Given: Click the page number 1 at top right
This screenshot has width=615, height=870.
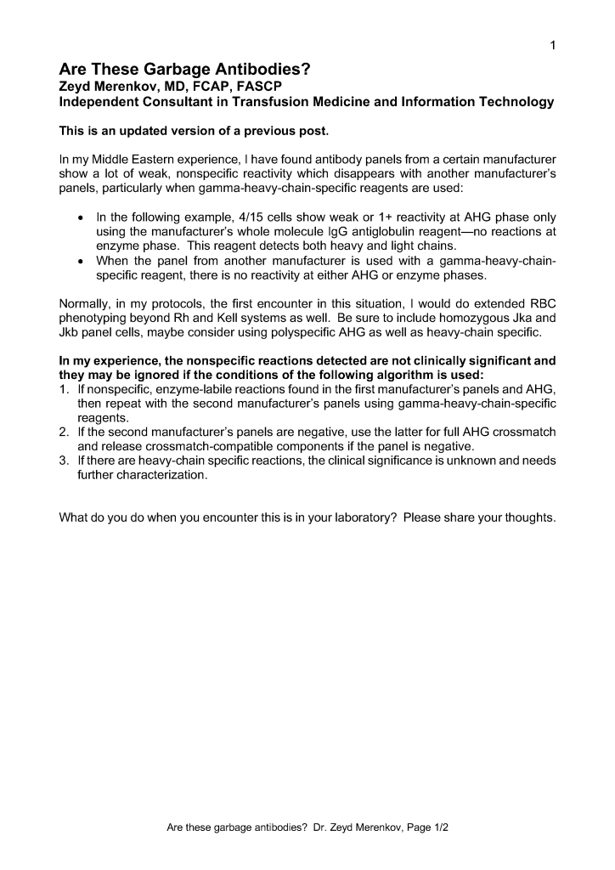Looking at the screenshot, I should [x=553, y=45].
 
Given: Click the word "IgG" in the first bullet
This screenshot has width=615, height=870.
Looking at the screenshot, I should [x=332, y=231].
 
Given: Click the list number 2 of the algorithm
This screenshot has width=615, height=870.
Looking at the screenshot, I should [x=63, y=432].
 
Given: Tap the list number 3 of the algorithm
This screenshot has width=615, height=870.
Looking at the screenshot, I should [x=63, y=461].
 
